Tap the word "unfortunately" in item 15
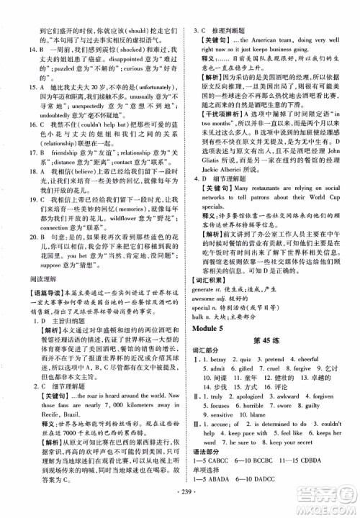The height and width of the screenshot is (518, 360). [143, 84]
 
